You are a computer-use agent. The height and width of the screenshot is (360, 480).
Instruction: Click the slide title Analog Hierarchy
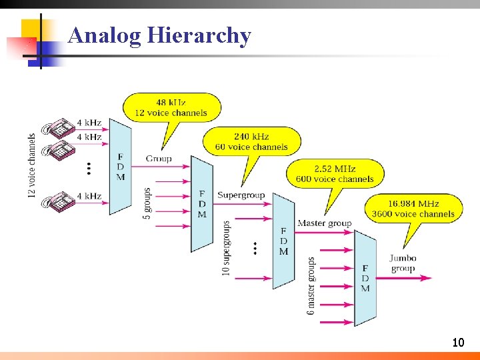pyautogui.click(x=159, y=35)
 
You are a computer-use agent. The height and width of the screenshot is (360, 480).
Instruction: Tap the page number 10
pyautogui.click(x=457, y=343)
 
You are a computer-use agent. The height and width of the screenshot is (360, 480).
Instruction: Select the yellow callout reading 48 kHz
pyautogui.click(x=171, y=107)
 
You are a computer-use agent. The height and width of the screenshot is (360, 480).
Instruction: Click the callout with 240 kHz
pyautogui.click(x=251, y=141)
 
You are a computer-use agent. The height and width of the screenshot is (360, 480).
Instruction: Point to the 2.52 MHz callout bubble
pyautogui.click(x=335, y=173)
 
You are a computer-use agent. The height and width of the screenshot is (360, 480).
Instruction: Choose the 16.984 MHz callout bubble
pyautogui.click(x=413, y=208)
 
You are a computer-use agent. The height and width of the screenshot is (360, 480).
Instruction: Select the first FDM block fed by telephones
pyautogui.click(x=120, y=167)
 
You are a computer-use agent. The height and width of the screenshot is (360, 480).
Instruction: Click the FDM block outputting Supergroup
pyautogui.click(x=202, y=204)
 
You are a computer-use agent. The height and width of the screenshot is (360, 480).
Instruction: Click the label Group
pyautogui.click(x=159, y=159)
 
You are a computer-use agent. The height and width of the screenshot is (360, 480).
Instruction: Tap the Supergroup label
pyautogui.click(x=241, y=195)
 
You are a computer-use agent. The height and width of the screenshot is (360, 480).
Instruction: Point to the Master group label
pyautogui.click(x=324, y=223)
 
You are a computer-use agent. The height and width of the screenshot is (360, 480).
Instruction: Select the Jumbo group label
pyautogui.click(x=403, y=263)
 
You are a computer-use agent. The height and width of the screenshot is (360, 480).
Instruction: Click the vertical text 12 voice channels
pyautogui.click(x=32, y=165)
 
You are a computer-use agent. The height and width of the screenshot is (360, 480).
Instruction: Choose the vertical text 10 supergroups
pyautogui.click(x=227, y=248)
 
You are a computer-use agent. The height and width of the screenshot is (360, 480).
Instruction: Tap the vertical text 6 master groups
pyautogui.click(x=311, y=285)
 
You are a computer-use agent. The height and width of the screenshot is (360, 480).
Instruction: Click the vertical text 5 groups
pyautogui.click(x=147, y=203)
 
